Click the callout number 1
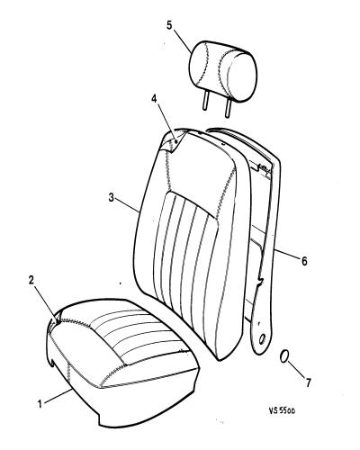(x=40, y=403)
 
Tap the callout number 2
(x=31, y=280)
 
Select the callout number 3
(x=112, y=198)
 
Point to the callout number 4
(x=154, y=99)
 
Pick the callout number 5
(x=169, y=25)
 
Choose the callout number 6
(x=304, y=261)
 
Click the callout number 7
(x=308, y=382)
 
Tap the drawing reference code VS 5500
(x=282, y=410)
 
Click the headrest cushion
(x=222, y=71)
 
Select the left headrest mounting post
(x=205, y=102)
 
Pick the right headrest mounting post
(x=228, y=108)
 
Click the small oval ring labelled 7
(x=283, y=356)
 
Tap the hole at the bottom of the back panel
(x=262, y=339)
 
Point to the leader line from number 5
(x=182, y=42)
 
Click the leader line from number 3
(x=128, y=205)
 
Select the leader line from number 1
(x=57, y=396)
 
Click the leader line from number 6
(x=289, y=255)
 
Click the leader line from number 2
(x=46, y=302)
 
